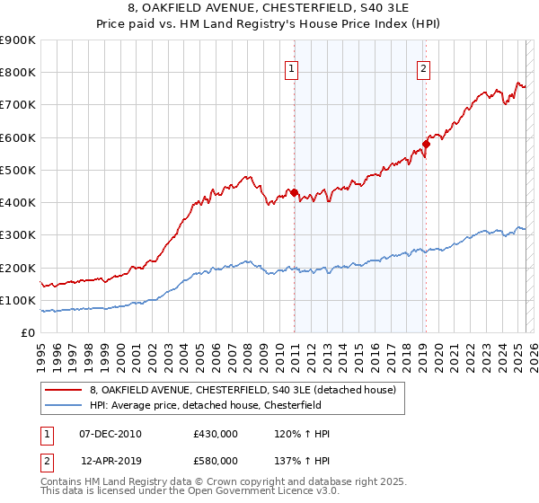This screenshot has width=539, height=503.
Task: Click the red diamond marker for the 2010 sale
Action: tap(294, 192)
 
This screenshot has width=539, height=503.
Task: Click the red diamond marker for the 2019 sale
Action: tap(427, 144)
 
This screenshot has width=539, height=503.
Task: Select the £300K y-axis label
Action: tap(18, 235)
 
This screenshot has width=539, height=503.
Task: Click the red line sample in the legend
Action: tap(64, 390)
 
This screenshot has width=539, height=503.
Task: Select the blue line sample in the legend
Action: tap(64, 405)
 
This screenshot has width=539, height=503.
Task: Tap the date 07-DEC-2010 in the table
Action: tap(110, 434)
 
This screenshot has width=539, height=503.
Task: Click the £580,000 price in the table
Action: tap(216, 461)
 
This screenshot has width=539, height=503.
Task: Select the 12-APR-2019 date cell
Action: tap(110, 461)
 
